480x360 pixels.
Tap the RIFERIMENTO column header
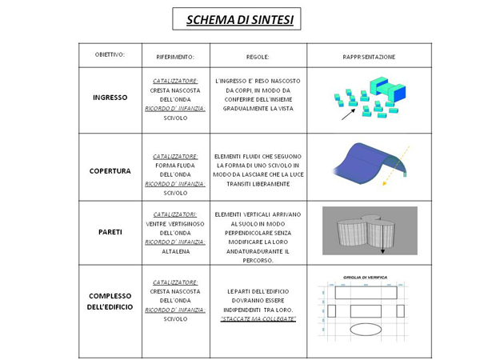tap(176, 57)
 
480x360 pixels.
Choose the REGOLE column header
tap(258, 57)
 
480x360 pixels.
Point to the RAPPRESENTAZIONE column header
tap(369, 57)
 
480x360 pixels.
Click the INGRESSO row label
tap(110, 98)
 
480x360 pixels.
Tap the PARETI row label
tap(110, 231)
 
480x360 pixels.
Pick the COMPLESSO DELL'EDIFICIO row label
tap(110, 301)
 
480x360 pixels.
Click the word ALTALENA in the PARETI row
tap(175, 250)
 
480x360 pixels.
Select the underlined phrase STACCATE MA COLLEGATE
tap(258, 319)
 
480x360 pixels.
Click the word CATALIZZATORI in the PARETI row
tap(176, 214)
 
